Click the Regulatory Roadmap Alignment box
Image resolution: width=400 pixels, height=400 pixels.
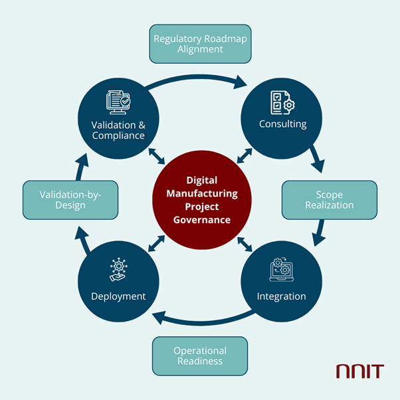200,45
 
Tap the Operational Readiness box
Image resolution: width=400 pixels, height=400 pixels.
200,355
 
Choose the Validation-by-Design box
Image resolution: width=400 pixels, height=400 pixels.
70,200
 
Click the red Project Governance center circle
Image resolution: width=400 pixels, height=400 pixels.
200,200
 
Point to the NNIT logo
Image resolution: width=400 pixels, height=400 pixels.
359,371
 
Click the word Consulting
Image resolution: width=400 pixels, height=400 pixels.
282,124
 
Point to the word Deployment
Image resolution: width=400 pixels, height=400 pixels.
118,296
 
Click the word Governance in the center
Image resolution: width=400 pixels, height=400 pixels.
200,220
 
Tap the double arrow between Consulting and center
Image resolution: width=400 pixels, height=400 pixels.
245,156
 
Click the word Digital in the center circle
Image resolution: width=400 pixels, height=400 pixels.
200,180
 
